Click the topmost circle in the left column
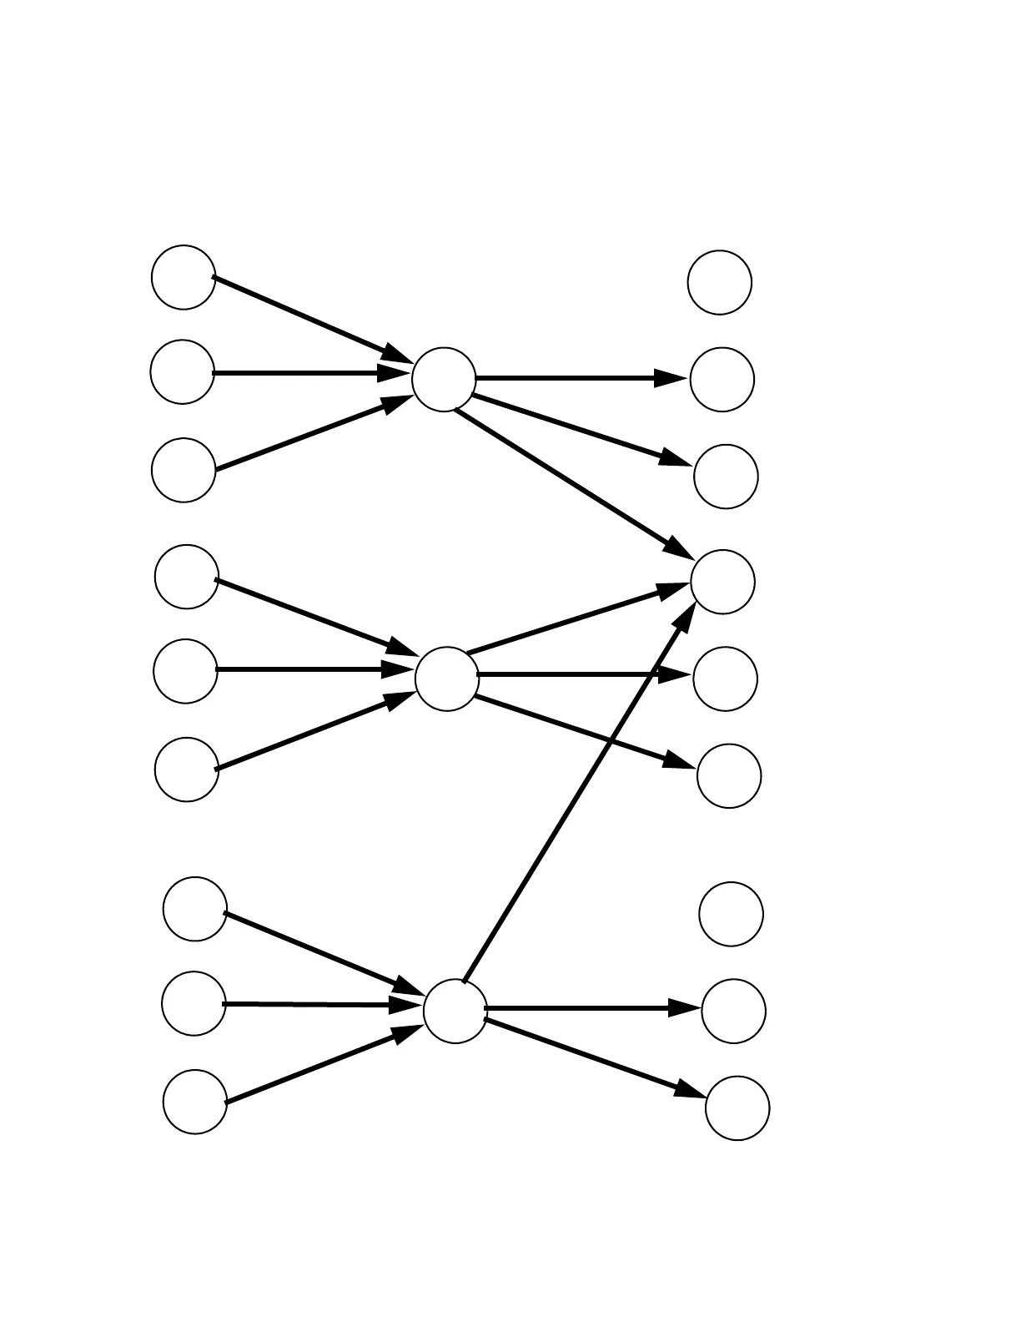184,277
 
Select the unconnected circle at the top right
720,282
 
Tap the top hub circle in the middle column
444,380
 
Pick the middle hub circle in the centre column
447,679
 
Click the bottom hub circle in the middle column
455,1011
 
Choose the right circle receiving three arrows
723,582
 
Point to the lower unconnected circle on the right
732,914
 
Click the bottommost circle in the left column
195,1102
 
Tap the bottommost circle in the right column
737,1108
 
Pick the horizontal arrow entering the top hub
309,372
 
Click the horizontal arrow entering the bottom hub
321,1004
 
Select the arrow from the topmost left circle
309,318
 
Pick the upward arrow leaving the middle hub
576,619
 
